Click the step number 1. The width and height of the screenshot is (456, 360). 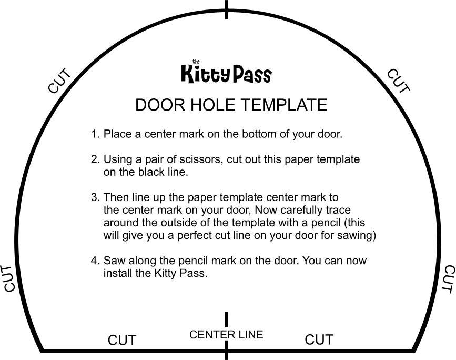pos(95,134)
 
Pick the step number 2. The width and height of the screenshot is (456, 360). pos(95,159)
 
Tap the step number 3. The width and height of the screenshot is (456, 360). pos(95,197)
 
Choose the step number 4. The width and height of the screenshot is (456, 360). pos(95,261)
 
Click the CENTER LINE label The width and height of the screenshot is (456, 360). pos(226,335)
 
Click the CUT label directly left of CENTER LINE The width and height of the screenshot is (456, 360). pos(122,341)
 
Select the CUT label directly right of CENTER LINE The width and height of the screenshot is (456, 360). pos(319,340)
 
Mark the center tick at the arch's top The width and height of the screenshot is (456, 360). pos(227,9)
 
